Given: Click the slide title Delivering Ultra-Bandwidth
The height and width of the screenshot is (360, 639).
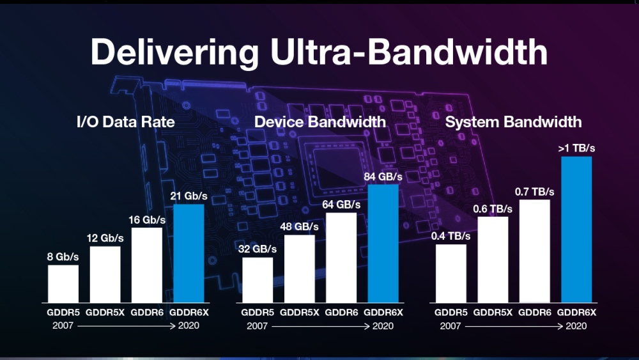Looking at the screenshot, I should coord(319,52).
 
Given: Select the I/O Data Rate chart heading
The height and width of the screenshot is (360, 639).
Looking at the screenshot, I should coord(125,121).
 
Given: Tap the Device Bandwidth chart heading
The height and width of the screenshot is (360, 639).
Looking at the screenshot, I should coord(319,121).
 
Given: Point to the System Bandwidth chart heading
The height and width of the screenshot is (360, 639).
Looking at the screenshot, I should coord(513,121).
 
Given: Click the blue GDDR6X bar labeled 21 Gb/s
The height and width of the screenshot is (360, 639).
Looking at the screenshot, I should coord(189,253).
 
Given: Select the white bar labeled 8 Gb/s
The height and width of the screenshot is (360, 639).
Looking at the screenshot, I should coord(63,283).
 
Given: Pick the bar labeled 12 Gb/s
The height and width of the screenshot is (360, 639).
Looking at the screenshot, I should coord(105,274).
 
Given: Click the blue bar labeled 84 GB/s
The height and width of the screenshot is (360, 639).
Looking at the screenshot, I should coord(383,243).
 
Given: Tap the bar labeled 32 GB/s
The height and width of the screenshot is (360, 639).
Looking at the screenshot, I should coord(258,279).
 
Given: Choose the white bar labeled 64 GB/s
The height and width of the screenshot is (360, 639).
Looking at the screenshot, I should coord(341,257).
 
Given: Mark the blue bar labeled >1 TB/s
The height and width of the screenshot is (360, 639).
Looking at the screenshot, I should coord(576,229).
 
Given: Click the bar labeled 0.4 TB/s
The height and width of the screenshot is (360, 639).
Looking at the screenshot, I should coord(451,273).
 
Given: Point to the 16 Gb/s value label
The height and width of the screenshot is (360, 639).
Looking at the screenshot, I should coord(146,220).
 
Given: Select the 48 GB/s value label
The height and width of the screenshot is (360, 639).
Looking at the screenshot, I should coord(299,227).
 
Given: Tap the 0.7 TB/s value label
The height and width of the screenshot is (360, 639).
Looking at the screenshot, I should coord(535,192).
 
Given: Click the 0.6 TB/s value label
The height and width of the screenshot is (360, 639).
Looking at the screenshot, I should coord(493,208).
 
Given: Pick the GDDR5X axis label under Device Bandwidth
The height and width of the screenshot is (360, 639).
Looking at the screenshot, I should coord(299,313).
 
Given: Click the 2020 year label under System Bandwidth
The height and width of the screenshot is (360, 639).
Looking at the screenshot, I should coord(576,325).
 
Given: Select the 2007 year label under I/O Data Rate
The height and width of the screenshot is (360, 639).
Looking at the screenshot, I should coord(63,325).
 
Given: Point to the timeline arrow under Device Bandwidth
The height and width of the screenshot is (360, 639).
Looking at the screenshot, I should coord(319,325).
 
